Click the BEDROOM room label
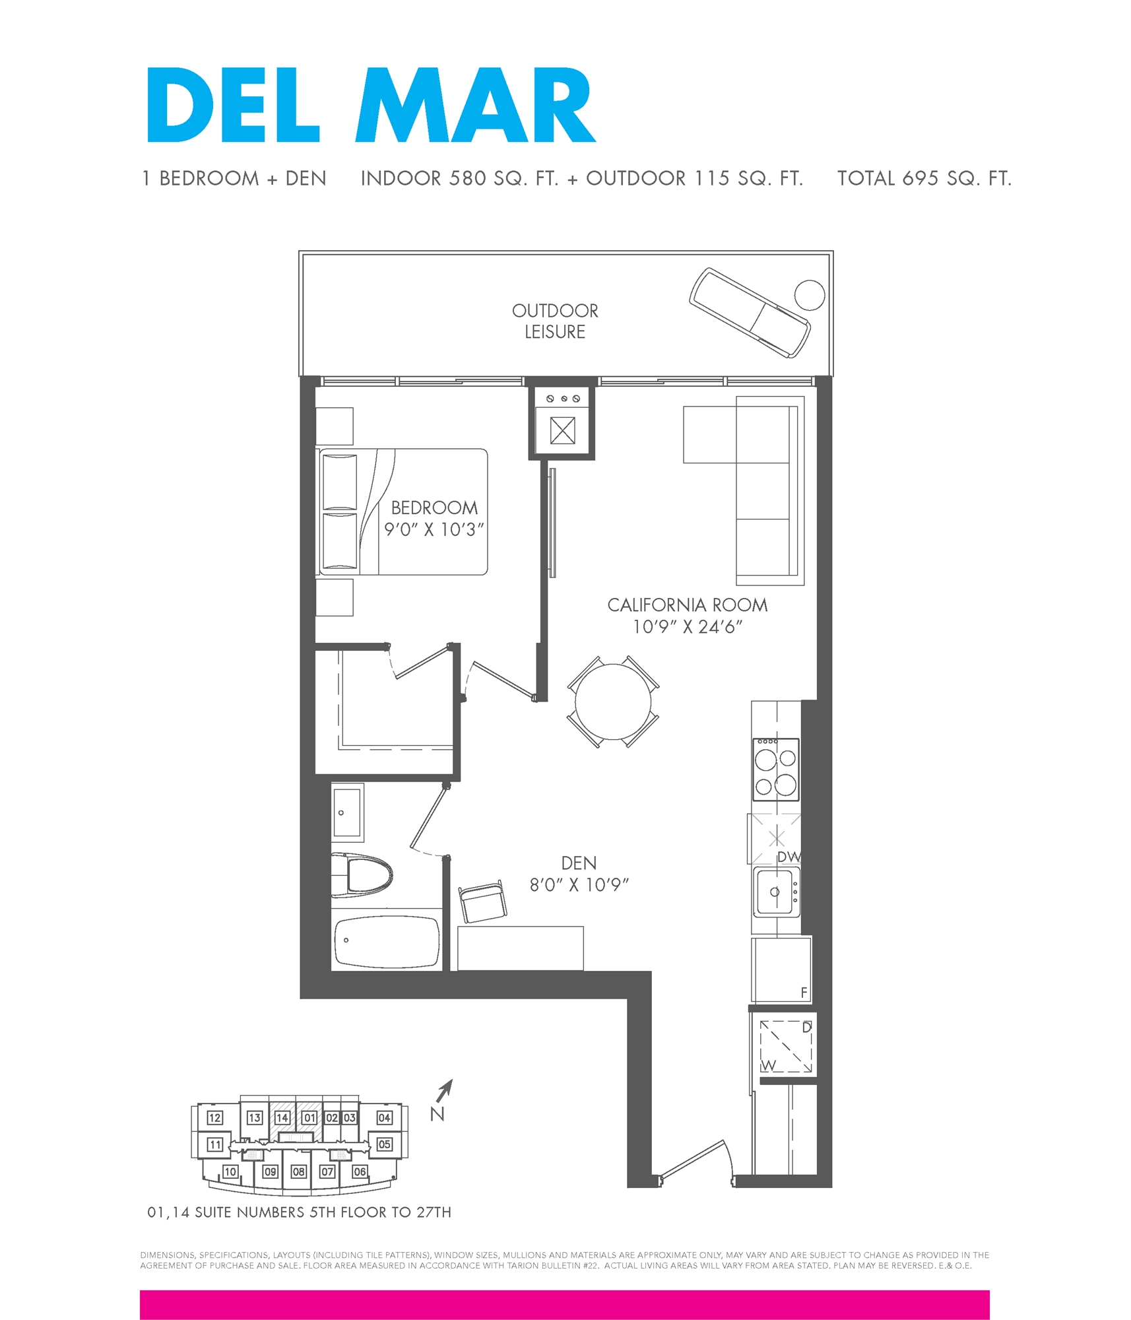point(434,508)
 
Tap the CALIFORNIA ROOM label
point(687,605)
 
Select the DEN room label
point(579,863)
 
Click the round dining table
point(613,702)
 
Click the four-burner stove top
point(776,769)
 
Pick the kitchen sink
point(775,892)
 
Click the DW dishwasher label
point(789,857)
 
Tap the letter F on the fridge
point(804,992)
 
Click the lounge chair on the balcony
point(749,312)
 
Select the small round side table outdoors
point(809,295)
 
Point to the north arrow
point(445,1090)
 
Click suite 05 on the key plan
point(385,1144)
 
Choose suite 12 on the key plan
point(215,1117)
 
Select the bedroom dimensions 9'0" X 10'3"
point(434,530)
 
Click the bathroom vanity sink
point(347,812)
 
